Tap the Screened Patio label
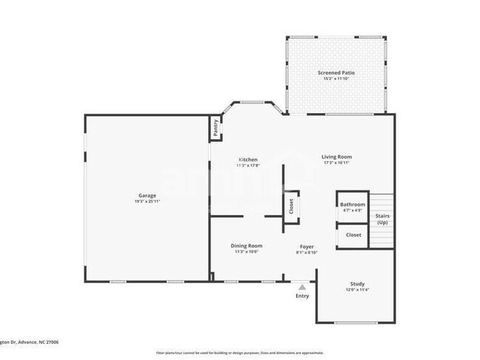click(336, 73)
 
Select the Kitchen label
click(247, 160)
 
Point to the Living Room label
click(336, 157)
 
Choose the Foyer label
click(306, 246)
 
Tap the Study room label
click(357, 283)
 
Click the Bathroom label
click(352, 204)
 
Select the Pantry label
click(216, 127)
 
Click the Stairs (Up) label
click(383, 219)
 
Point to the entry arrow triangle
click(302, 286)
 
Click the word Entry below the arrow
click(302, 296)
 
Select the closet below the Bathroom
click(354, 234)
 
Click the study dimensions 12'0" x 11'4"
click(357, 289)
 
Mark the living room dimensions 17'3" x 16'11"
click(336, 163)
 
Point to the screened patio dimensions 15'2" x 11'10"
click(336, 79)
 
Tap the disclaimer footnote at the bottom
click(239, 353)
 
